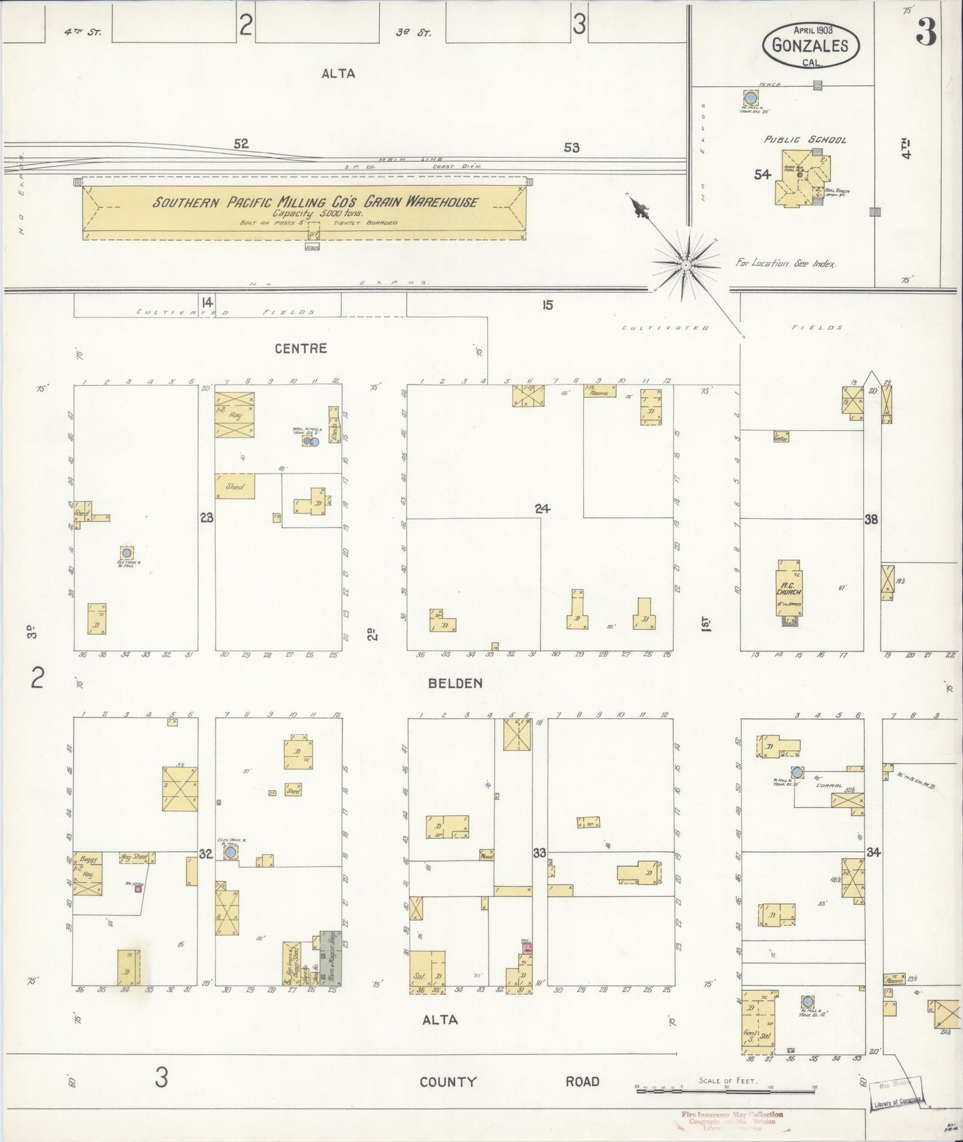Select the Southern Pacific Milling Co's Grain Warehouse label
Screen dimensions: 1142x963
[315, 202]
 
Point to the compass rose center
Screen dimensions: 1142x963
[685, 265]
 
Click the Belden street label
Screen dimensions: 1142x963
[455, 683]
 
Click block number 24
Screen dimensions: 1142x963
[542, 509]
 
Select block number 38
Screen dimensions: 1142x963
[871, 520]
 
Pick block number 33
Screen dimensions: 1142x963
[539, 853]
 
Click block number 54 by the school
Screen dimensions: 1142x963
[762, 175]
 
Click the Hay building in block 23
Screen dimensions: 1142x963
[234, 415]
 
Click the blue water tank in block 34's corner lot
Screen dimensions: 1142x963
[808, 1001]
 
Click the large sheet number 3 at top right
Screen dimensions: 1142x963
[926, 33]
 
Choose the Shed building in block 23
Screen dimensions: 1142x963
[235, 487]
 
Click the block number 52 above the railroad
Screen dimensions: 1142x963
[241, 143]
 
